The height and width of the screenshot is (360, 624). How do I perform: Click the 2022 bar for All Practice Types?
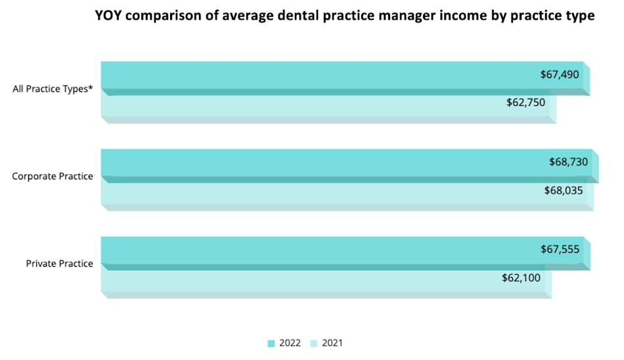click(x=315, y=75)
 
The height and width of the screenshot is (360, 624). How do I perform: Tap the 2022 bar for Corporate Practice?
click(x=315, y=162)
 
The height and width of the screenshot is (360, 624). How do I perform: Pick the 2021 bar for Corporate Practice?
click(x=315, y=192)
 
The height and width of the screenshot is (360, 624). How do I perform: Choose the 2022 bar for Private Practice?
click(x=315, y=250)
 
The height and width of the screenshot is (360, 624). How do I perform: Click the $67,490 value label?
click(x=560, y=75)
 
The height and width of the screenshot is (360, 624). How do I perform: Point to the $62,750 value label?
click(x=525, y=102)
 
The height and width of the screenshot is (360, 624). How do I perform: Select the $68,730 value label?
click(x=568, y=162)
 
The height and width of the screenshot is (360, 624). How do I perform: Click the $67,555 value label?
click(x=560, y=250)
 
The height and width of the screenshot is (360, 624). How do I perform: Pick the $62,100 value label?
click(x=521, y=278)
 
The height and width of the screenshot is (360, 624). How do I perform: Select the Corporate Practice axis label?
click(x=53, y=177)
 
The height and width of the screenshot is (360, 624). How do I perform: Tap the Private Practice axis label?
click(x=59, y=264)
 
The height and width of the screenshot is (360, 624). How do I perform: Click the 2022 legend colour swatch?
click(x=271, y=343)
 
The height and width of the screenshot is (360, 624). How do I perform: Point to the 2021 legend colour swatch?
click(x=314, y=343)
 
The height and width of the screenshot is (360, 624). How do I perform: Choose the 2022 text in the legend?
click(x=290, y=343)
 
